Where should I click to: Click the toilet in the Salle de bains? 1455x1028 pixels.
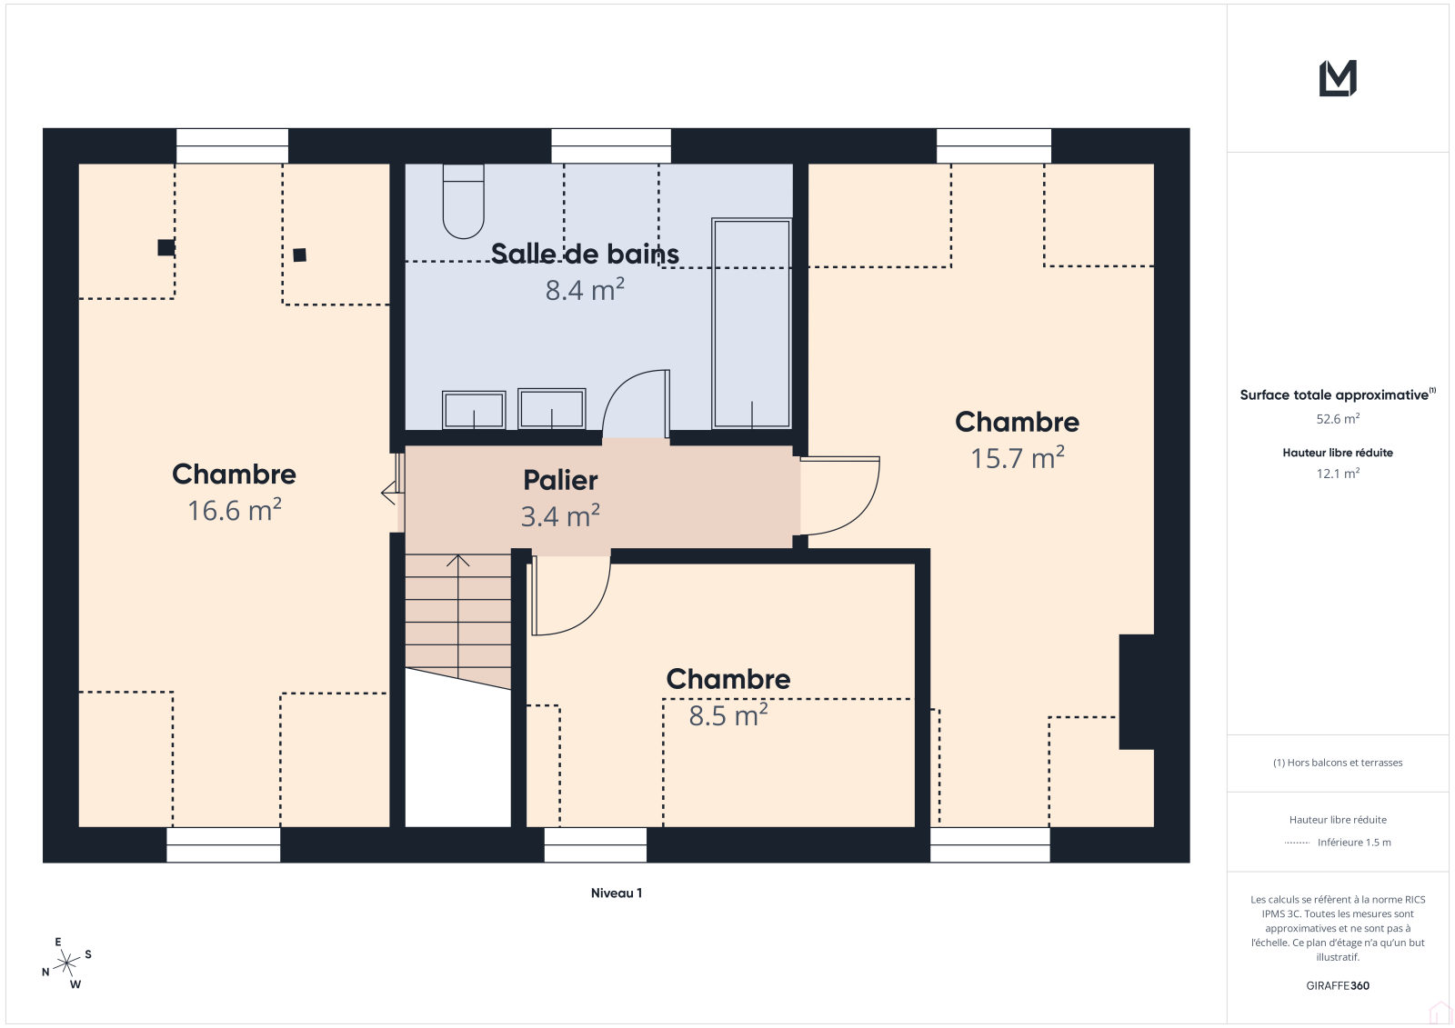[x=463, y=201]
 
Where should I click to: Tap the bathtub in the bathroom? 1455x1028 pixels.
[x=751, y=324]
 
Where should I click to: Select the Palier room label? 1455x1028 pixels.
[x=560, y=481]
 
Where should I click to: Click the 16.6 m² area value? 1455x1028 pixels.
[x=235, y=511]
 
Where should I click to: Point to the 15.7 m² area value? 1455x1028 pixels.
[x=1018, y=458]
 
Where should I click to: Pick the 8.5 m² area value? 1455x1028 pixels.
[x=728, y=715]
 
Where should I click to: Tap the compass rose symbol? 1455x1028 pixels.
[x=66, y=963]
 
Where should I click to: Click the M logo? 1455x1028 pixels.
[x=1338, y=78]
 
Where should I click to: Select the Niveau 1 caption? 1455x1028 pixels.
[x=617, y=893]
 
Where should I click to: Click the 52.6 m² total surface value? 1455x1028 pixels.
[x=1338, y=419]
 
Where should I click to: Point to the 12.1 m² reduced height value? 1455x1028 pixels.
[x=1338, y=474]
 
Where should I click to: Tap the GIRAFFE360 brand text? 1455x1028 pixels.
[x=1338, y=985]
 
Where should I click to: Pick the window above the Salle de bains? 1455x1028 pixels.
[x=611, y=146]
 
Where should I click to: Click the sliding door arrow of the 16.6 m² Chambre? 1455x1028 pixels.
[x=388, y=493]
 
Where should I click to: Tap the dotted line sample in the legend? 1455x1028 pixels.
[x=1297, y=843]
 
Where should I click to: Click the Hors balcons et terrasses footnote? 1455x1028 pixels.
[x=1338, y=763]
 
